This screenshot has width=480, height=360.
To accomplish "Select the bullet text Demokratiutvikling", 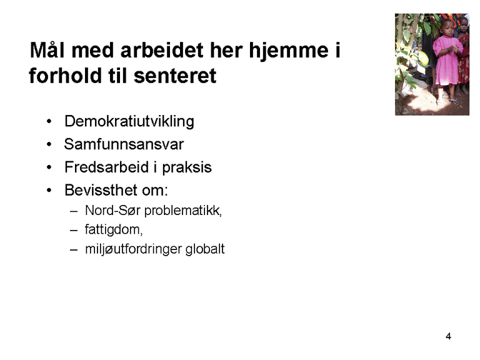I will (x=129, y=121).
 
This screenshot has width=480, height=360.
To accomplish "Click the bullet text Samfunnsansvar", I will (x=124, y=144).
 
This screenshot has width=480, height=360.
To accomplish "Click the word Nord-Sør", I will (x=107, y=211).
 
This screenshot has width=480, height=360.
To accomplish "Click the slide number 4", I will (x=448, y=337).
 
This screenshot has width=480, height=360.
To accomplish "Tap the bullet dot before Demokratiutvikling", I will (x=49, y=122).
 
